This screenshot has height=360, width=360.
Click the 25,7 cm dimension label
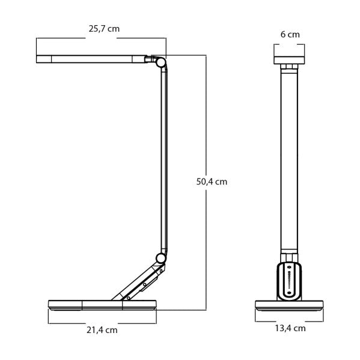coord(100,28)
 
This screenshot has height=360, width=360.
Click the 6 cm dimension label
coord(290,34)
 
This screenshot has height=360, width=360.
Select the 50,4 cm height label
coord(212,181)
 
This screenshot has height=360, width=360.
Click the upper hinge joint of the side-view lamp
coord(161,61)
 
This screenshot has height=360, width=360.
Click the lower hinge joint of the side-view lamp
coord(160,258)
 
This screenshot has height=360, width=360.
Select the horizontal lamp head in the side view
coord(90,59)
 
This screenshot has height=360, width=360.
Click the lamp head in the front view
coord(290,59)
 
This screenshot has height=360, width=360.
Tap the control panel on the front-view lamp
coord(290,280)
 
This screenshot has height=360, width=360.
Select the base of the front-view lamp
coord(290,305)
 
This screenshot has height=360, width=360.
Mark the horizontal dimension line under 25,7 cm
coord(100,38)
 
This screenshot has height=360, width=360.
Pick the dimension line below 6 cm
coord(290,43)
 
